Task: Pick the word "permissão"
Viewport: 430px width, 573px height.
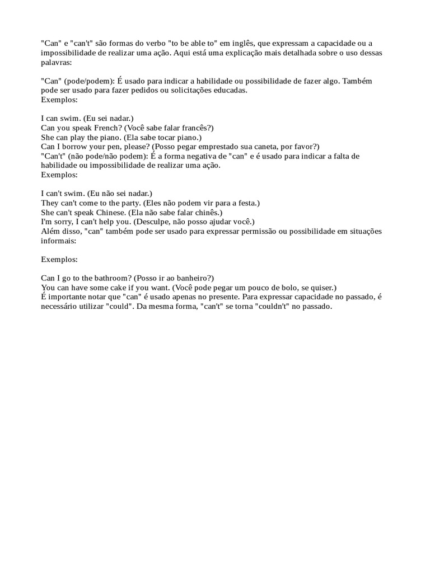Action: click(268, 231)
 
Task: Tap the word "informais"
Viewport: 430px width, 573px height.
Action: click(57, 240)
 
